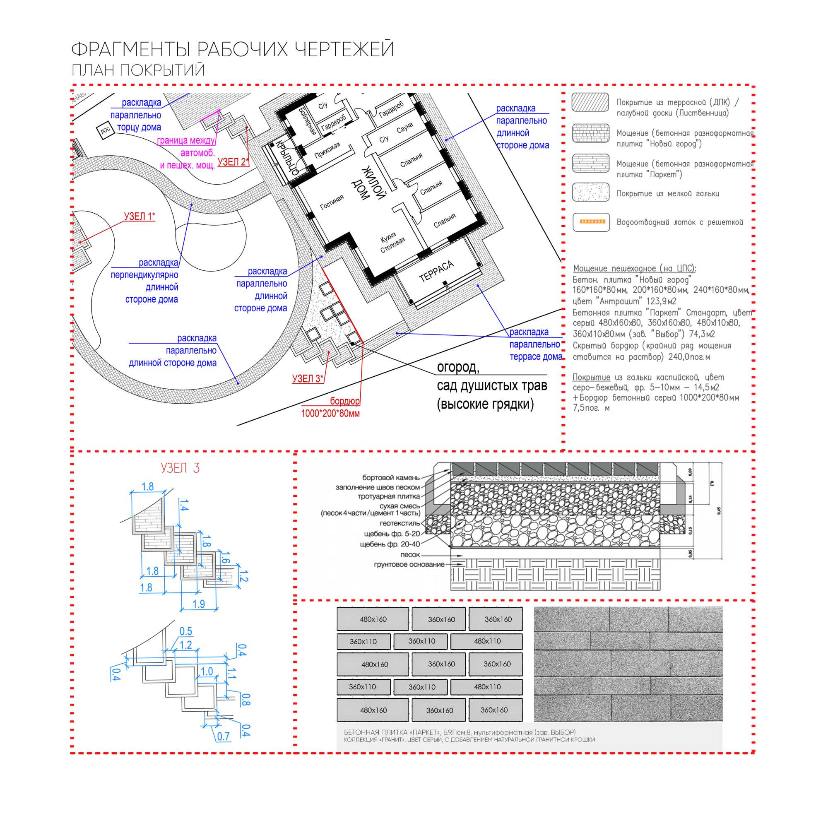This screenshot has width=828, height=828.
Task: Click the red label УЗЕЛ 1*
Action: (139, 217)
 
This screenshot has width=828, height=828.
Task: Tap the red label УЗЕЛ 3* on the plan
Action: (307, 379)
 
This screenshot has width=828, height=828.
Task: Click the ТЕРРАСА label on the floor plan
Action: (436, 271)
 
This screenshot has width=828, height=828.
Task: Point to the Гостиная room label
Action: (332, 202)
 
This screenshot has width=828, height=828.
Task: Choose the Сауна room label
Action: (404, 128)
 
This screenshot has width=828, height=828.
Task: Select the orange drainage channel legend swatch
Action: (591, 222)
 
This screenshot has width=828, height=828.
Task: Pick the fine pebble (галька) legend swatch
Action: (591, 192)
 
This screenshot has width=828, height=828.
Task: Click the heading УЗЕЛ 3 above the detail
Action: (180, 468)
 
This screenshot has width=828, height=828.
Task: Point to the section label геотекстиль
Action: (400, 523)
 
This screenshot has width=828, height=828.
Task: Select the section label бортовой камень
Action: (390, 477)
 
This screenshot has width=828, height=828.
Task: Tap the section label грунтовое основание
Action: (409, 564)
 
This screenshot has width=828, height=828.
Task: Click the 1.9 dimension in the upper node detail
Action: (198, 604)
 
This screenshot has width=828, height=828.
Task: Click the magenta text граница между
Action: (185, 140)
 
